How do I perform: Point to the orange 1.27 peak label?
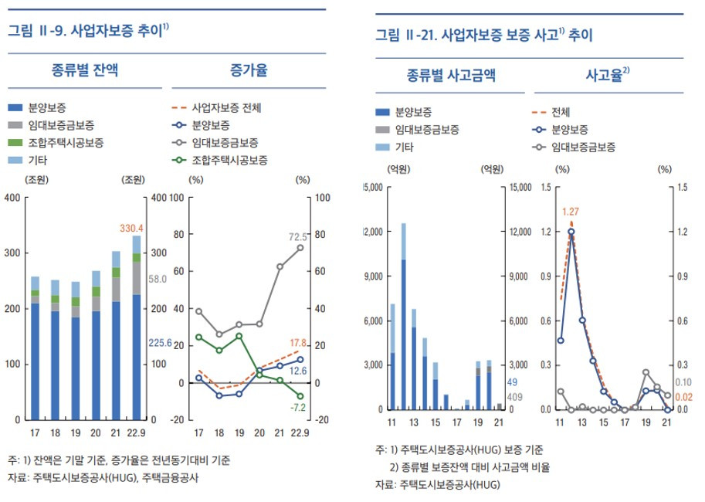(571, 211)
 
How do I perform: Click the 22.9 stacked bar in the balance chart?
(137, 332)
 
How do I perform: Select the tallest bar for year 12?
(403, 317)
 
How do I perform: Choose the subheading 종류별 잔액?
(86, 71)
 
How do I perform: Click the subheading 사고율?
(608, 75)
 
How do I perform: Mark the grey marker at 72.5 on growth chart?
(300, 248)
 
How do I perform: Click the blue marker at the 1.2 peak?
(571, 232)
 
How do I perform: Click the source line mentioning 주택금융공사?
(107, 478)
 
